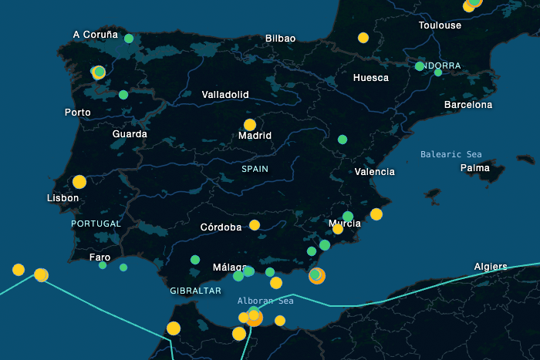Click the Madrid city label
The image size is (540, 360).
[x=255, y=136]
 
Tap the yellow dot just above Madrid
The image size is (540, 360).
[x=250, y=124]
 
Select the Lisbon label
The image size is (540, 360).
[x=62, y=198]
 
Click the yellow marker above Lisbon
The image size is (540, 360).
[x=79, y=182]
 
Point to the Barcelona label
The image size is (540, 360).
[x=468, y=104]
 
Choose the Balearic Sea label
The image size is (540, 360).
[x=451, y=154]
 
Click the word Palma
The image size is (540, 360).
[x=474, y=167]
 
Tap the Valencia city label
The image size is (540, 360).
[x=374, y=172]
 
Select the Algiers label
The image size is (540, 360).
[x=491, y=267]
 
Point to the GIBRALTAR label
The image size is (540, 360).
[x=196, y=291]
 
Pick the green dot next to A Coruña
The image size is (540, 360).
[x=129, y=39]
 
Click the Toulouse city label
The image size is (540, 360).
[x=440, y=25]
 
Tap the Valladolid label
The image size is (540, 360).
[x=225, y=94]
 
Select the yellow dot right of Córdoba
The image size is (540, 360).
[x=255, y=225]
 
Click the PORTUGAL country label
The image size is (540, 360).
[x=96, y=224]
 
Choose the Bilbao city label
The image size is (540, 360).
[x=280, y=38]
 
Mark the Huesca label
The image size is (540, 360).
[x=371, y=78]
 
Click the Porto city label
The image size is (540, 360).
[x=78, y=113]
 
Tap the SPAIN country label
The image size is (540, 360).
[x=255, y=168]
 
